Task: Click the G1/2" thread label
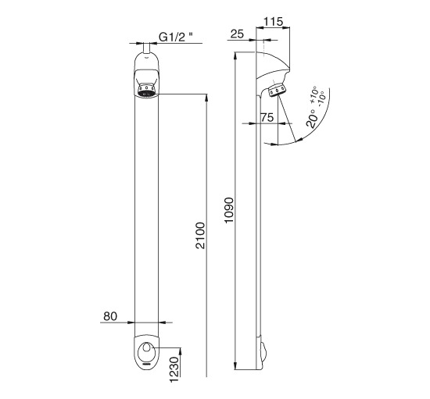tap(176, 37)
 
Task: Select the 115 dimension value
tap(273, 22)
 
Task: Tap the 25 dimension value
tap(237, 34)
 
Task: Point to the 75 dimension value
tap(267, 117)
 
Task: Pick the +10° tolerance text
tap(314, 94)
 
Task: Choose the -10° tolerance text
tap(321, 97)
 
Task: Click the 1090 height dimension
tap(229, 210)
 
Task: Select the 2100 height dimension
tap(200, 236)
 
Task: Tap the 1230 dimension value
tap(174, 369)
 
